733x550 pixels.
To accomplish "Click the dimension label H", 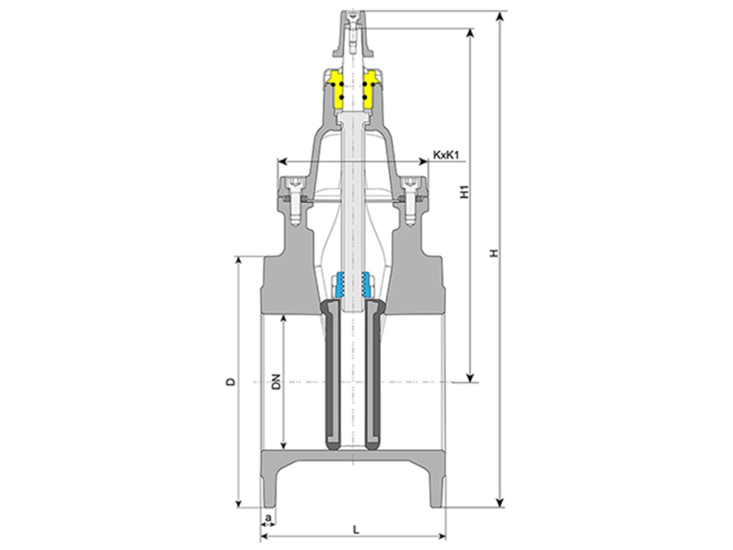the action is point(494,253).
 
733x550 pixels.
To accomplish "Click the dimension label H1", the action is point(464,192).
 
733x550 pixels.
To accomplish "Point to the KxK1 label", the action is point(447,155).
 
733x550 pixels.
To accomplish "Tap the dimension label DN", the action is point(277,381).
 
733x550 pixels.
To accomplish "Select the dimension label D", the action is point(230,381).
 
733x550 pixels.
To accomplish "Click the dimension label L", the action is point(356,529).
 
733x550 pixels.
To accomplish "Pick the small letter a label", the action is point(268,517).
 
